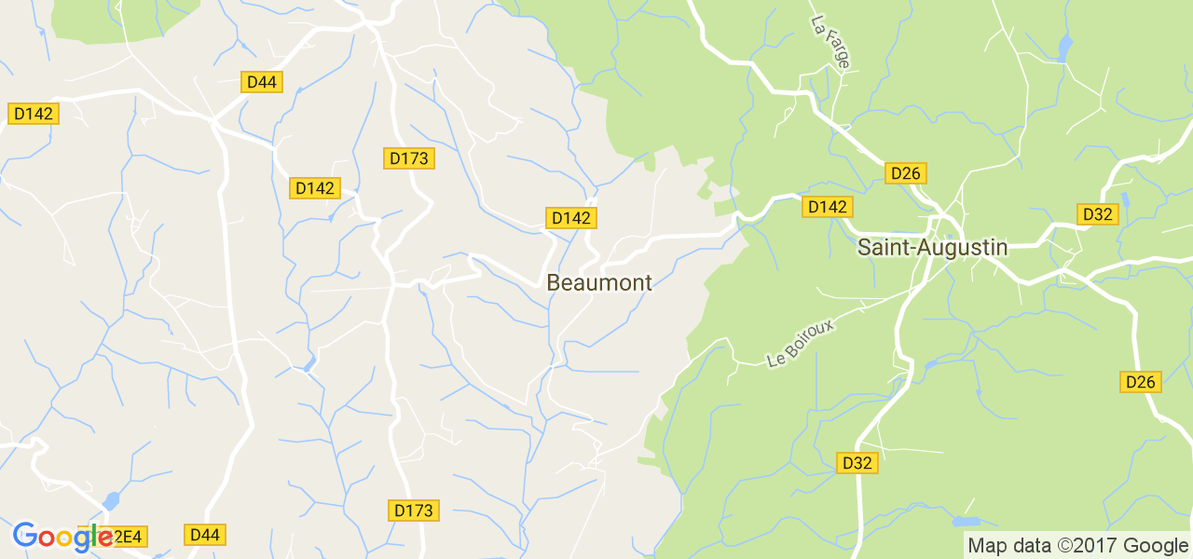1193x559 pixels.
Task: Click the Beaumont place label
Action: coord(599,283)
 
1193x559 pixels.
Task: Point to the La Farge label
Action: coord(830,42)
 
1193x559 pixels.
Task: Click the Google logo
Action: coord(62,536)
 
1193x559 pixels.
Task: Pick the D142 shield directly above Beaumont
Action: coord(571,218)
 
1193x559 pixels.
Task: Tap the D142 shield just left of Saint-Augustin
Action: coord(827,207)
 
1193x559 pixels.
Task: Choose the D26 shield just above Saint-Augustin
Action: coord(905,173)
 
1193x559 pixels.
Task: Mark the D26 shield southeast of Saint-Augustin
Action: coord(1140,382)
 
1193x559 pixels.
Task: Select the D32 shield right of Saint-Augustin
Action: coord(1098,214)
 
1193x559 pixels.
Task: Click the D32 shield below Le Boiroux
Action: coord(857,463)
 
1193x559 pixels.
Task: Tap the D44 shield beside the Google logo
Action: coord(204,535)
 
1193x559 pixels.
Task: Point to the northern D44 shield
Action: coord(262,82)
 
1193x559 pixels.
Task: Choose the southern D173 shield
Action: coord(414,511)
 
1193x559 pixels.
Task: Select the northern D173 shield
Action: coord(409,158)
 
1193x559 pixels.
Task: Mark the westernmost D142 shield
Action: coord(34,114)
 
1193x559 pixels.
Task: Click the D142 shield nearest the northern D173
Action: coord(315,188)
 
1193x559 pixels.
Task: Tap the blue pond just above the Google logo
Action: coord(111,501)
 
